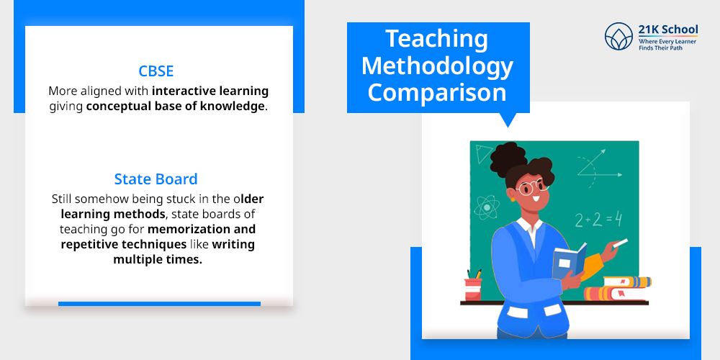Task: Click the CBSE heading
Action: point(156,72)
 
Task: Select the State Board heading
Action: point(156,179)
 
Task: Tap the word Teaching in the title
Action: point(436,39)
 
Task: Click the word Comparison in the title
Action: point(438,92)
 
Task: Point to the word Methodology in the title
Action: point(438,66)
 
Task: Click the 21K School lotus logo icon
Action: point(618,37)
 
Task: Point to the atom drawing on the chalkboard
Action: point(486,207)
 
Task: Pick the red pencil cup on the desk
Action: point(473,287)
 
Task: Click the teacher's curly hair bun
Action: point(510,156)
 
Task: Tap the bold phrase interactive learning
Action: point(210,91)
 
